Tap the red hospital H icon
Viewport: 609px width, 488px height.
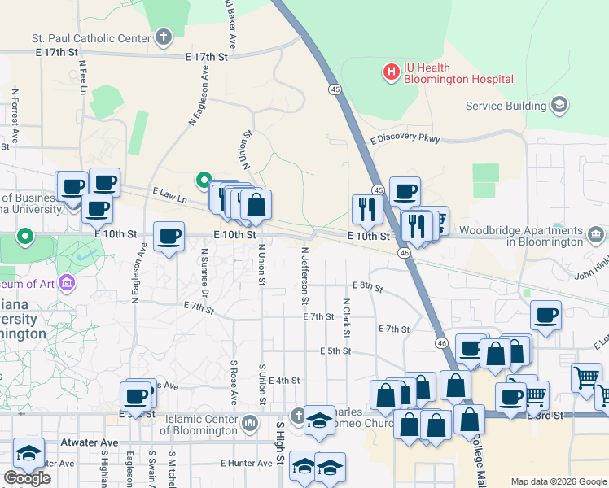point(392,72)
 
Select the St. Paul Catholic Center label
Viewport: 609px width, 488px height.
point(91,37)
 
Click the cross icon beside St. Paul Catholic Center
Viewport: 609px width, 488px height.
point(164,37)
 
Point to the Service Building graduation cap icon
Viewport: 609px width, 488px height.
point(559,106)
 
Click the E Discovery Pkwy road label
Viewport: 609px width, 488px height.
point(405,139)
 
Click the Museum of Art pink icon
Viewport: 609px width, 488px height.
point(67,284)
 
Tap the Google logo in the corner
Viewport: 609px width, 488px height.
point(27,478)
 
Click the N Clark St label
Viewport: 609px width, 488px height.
point(346,318)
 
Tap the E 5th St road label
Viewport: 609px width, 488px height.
point(335,351)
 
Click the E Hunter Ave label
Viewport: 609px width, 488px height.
point(247,463)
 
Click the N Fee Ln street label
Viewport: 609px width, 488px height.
point(83,79)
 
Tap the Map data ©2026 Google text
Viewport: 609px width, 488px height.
point(559,481)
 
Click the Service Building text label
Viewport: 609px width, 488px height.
point(506,106)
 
